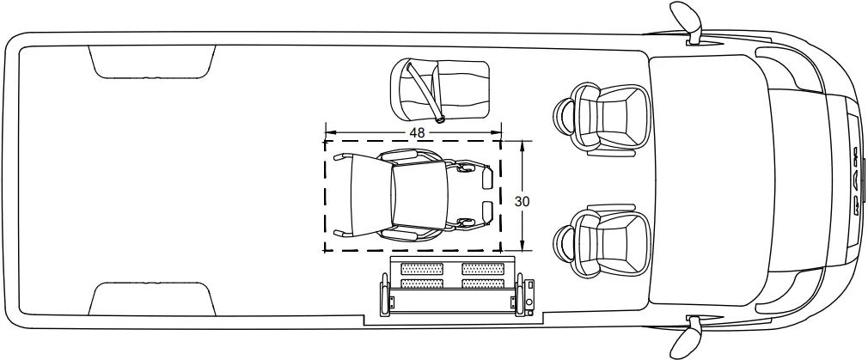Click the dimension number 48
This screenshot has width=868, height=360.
(418, 132)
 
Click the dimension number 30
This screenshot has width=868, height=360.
(522, 200)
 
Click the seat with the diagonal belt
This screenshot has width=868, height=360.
(441, 88)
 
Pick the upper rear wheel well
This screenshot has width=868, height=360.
(151, 62)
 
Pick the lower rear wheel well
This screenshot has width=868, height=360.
(151, 297)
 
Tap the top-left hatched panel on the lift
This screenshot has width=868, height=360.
(422, 269)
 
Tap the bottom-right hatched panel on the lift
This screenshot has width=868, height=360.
(483, 284)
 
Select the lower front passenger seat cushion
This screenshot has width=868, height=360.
(614, 239)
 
